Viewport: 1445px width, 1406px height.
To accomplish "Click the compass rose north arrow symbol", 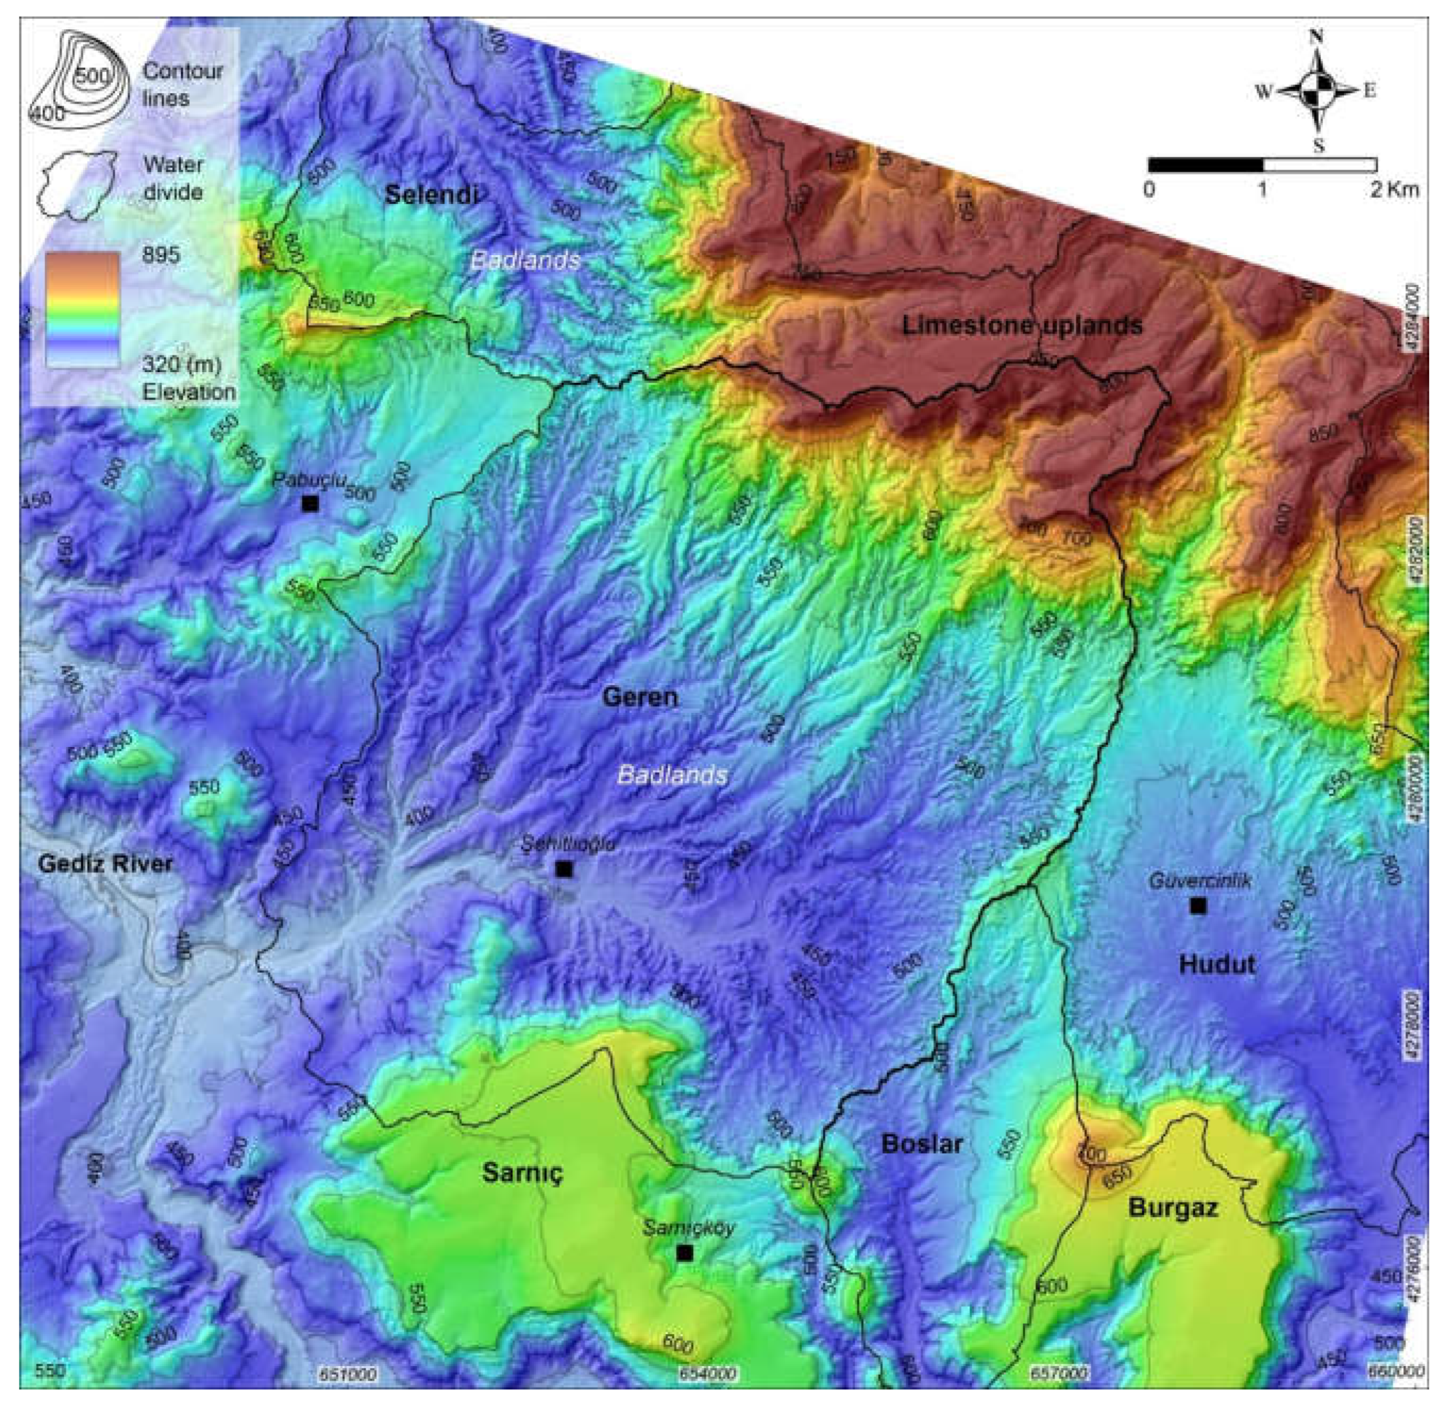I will tap(1317, 91).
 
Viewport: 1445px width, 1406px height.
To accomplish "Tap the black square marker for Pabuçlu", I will tap(310, 504).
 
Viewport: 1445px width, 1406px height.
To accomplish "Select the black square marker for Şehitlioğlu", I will tap(564, 869).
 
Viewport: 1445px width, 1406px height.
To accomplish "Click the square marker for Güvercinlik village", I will tap(1198, 906).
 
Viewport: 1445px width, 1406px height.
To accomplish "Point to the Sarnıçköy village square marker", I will tap(684, 1253).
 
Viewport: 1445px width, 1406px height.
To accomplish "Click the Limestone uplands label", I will tap(1022, 325).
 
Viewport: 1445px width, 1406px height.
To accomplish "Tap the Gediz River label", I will tap(106, 863).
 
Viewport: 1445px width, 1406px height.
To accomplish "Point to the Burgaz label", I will tap(1173, 1209).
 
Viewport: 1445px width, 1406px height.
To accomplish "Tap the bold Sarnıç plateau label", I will tap(523, 1173).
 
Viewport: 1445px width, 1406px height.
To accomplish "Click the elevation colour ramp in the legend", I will tap(82, 310).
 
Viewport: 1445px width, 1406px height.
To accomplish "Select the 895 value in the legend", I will tap(161, 254).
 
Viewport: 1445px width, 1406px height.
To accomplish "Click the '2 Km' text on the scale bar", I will tap(1394, 189).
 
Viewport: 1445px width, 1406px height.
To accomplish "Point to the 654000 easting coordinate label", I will tap(708, 1373).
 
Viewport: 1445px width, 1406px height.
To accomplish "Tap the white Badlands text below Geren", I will tap(672, 775).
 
